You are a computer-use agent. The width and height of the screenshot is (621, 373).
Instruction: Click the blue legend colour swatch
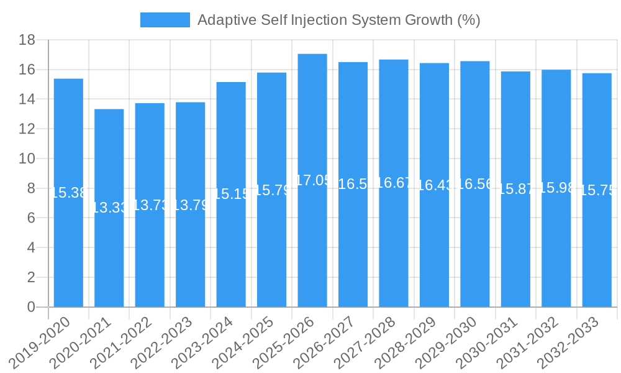(x=165, y=20)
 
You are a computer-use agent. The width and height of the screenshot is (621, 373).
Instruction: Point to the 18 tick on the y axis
(x=27, y=40)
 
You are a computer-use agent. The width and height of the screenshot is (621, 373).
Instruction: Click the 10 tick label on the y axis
(x=27, y=159)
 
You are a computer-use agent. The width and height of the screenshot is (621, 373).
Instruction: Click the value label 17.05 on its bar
(x=314, y=180)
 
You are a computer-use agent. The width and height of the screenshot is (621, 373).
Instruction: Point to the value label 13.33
(x=109, y=208)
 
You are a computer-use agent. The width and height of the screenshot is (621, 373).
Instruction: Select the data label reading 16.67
(x=394, y=183)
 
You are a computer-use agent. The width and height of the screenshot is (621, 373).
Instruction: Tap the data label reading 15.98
(x=557, y=188)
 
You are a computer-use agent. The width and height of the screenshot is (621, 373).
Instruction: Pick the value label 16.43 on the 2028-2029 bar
(x=435, y=185)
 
